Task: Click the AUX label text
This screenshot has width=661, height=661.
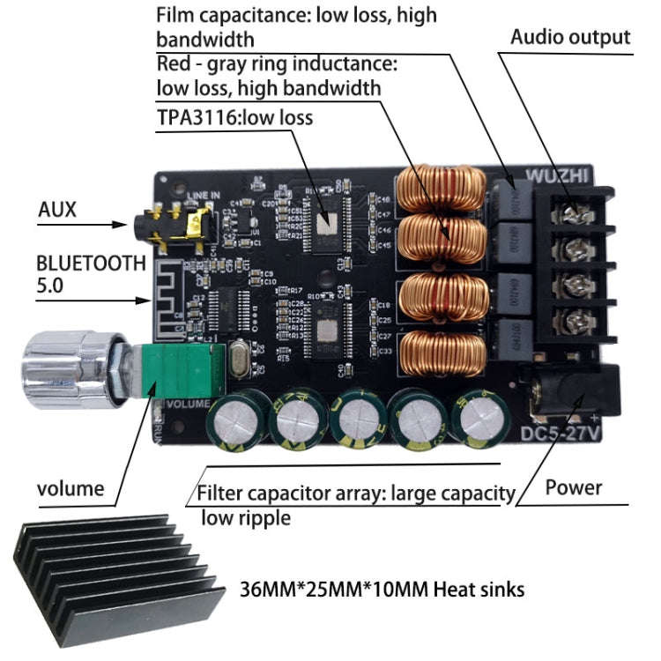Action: pos(57,210)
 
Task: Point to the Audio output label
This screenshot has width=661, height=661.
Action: pos(570,37)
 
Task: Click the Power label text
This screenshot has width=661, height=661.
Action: pos(573,487)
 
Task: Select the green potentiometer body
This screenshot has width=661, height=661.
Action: pos(184,372)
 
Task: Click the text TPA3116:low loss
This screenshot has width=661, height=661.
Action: pos(234,117)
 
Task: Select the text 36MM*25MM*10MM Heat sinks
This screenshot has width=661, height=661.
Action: pos(382,588)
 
